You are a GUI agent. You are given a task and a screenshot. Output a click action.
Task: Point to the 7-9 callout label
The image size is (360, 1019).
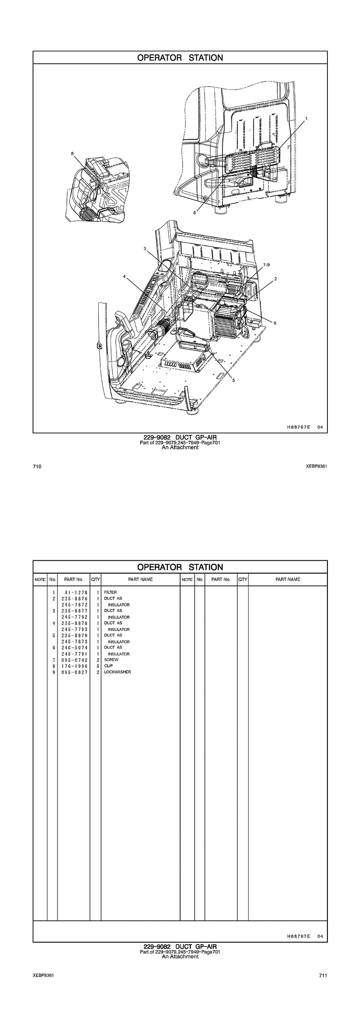pyautogui.click(x=267, y=265)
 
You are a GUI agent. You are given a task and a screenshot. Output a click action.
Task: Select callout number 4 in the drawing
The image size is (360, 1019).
pyautogui.click(x=124, y=277)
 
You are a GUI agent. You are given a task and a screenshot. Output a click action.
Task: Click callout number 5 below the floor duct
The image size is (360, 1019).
pyautogui.click(x=234, y=380)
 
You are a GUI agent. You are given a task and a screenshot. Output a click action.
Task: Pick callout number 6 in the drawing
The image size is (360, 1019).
pyautogui.click(x=275, y=323)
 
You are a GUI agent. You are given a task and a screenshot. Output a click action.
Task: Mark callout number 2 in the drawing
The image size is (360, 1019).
pyautogui.click(x=276, y=279)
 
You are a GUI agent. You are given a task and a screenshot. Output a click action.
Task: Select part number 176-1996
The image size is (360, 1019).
pyautogui.click(x=74, y=666)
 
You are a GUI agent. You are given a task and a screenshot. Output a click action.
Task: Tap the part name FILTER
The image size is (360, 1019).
pyautogui.click(x=110, y=592)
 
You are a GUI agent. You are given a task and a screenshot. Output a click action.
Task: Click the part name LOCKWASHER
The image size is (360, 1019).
pyautogui.click(x=117, y=672)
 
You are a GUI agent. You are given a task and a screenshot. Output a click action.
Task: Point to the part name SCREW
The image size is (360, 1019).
pyautogui.click(x=111, y=660)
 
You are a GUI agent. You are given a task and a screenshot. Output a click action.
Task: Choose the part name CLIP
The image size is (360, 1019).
pyautogui.click(x=108, y=666)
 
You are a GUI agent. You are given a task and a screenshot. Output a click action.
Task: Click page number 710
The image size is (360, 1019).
pyautogui.click(x=37, y=466)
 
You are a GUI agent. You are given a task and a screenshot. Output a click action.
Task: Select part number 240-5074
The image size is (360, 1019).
pyautogui.click(x=74, y=647)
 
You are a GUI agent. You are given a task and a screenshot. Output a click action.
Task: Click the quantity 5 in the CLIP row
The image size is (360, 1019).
pyautogui.click(x=98, y=666)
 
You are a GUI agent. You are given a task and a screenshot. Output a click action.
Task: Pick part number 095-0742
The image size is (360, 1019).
pyautogui.click(x=74, y=660)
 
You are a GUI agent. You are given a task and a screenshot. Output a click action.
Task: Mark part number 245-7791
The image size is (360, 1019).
pyautogui.click(x=74, y=654)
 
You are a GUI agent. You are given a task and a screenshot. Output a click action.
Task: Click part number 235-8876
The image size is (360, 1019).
pyautogui.click(x=74, y=598)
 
